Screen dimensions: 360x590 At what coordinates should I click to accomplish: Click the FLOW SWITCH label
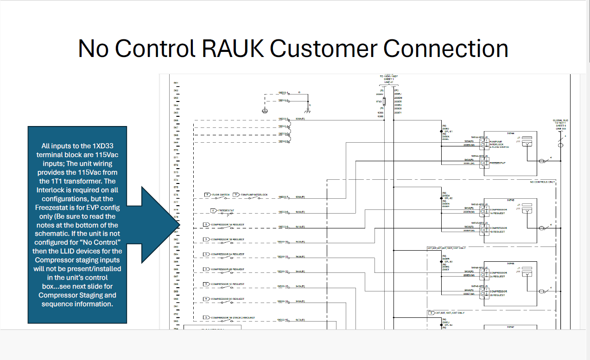[x=221, y=195]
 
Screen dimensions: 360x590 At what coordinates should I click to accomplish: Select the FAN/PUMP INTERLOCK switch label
[x=254, y=195]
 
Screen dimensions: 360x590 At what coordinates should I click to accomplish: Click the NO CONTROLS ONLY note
[x=542, y=182]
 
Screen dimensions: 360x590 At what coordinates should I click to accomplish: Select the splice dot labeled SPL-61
[x=441, y=131]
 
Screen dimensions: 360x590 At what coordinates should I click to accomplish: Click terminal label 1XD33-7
[x=283, y=197]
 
